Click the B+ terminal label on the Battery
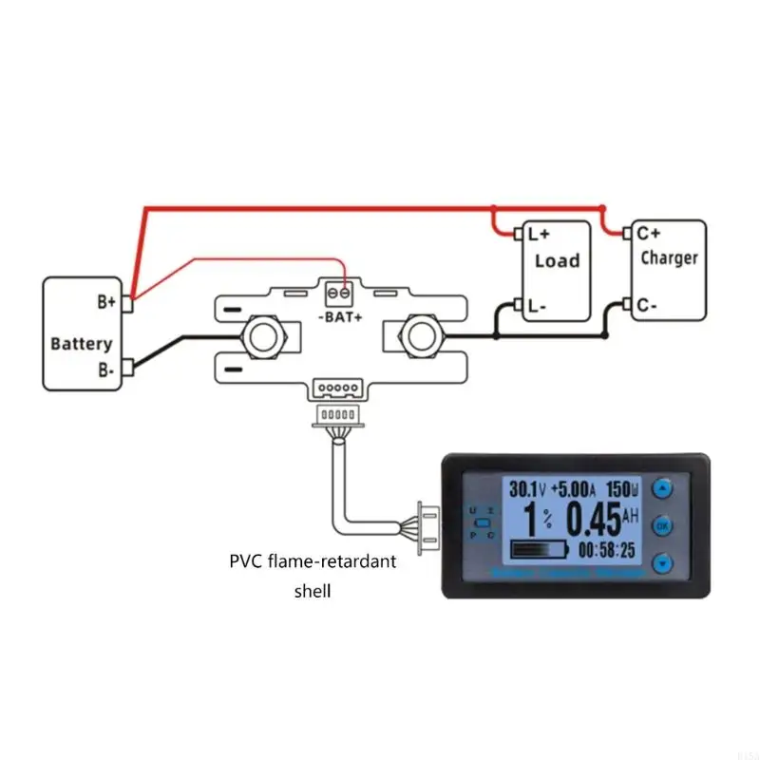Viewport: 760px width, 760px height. (105, 302)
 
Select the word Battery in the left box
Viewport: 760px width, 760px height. (81, 343)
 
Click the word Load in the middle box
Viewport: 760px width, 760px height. (557, 260)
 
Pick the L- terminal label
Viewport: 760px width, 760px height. (537, 306)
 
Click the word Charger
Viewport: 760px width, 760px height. (669, 257)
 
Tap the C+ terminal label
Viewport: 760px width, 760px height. (648, 232)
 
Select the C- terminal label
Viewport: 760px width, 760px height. (646, 306)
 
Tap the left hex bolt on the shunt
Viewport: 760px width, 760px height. (262, 335)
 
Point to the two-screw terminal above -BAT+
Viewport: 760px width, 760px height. (338, 293)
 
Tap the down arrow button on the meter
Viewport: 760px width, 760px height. (663, 560)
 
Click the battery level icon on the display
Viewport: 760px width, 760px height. (538, 549)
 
